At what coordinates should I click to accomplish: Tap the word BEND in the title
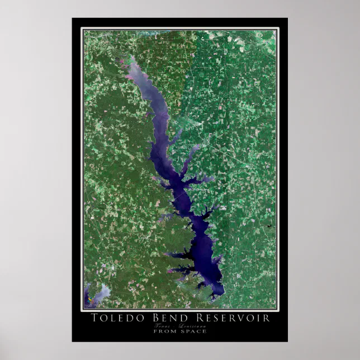(162, 318)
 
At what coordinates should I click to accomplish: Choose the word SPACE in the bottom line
(193, 331)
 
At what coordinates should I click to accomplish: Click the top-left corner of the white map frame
(82, 29)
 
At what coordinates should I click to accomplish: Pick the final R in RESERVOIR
(266, 318)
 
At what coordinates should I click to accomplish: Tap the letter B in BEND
(149, 318)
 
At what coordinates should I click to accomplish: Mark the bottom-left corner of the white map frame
(82, 310)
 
